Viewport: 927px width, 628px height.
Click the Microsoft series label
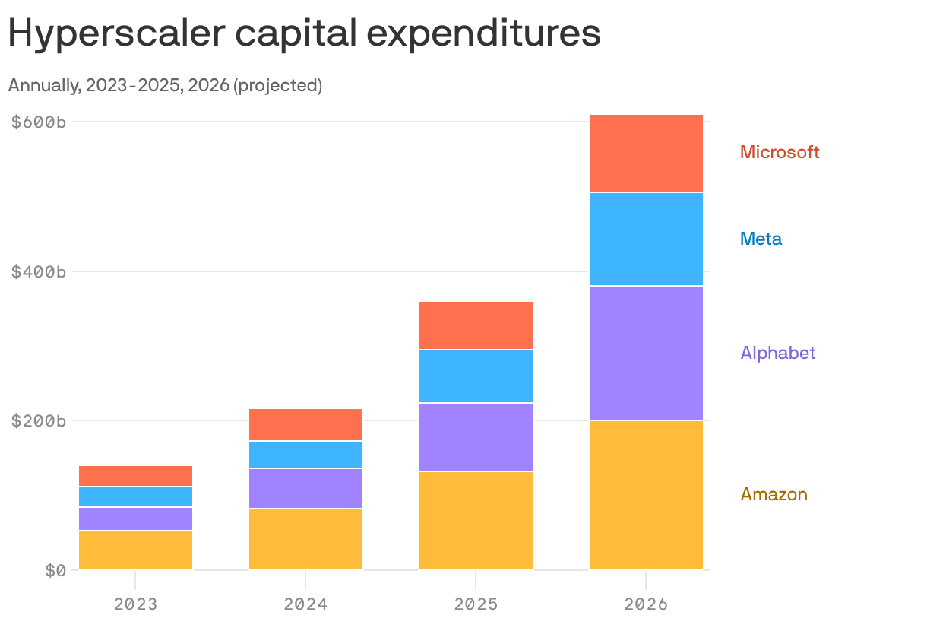click(780, 152)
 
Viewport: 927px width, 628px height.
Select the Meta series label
click(761, 239)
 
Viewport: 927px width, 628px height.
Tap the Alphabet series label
click(777, 353)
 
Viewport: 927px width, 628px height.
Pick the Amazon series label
click(774, 494)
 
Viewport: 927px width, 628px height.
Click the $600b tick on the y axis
click(38, 122)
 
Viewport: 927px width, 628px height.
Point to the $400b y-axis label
click(38, 271)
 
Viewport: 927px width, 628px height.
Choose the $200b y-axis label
click(38, 420)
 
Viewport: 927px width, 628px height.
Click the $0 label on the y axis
click(55, 570)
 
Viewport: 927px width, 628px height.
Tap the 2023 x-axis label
click(135, 605)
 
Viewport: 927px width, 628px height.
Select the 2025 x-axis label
click(476, 605)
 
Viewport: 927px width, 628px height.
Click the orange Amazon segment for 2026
click(646, 494)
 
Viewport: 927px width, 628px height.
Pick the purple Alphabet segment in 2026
click(646, 353)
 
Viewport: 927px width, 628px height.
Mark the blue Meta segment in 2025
click(476, 376)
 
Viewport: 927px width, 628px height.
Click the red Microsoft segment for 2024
click(305, 424)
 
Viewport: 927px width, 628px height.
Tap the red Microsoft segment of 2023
click(135, 475)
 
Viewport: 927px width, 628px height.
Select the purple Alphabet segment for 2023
click(135, 519)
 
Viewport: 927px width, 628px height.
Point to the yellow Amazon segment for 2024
click(305, 538)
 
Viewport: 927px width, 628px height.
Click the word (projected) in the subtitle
click(277, 86)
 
